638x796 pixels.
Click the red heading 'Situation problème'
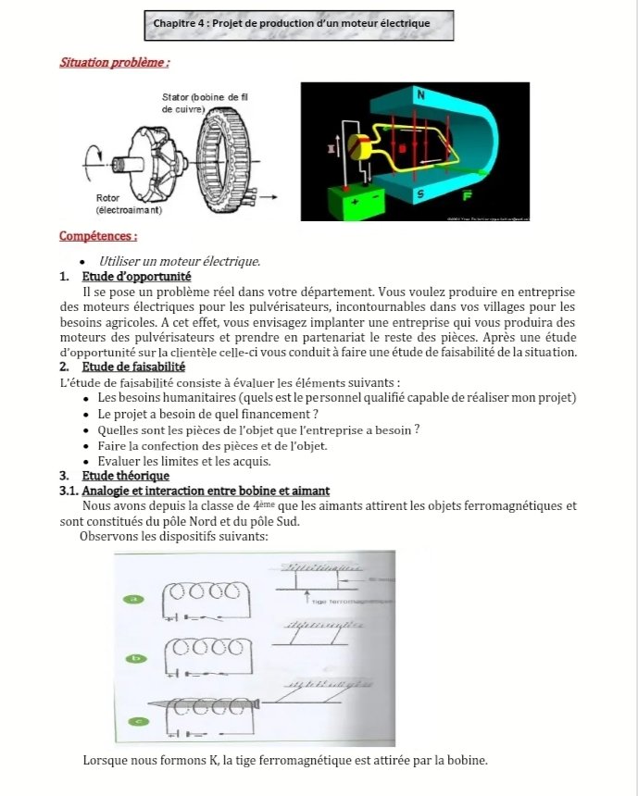pyautogui.click(x=114, y=64)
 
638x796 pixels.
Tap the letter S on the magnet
pyautogui.click(x=420, y=194)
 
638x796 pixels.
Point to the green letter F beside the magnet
pyautogui.click(x=467, y=195)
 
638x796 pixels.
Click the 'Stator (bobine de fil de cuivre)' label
pyautogui.click(x=205, y=103)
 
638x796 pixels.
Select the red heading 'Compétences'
pyautogui.click(x=98, y=237)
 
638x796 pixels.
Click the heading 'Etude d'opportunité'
pyautogui.click(x=136, y=276)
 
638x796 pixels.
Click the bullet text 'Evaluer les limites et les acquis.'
pyautogui.click(x=183, y=460)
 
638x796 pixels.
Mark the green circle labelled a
pyautogui.click(x=135, y=600)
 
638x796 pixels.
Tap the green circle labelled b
pyautogui.click(x=136, y=658)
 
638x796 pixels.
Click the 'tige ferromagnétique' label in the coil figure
pyautogui.click(x=344, y=602)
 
